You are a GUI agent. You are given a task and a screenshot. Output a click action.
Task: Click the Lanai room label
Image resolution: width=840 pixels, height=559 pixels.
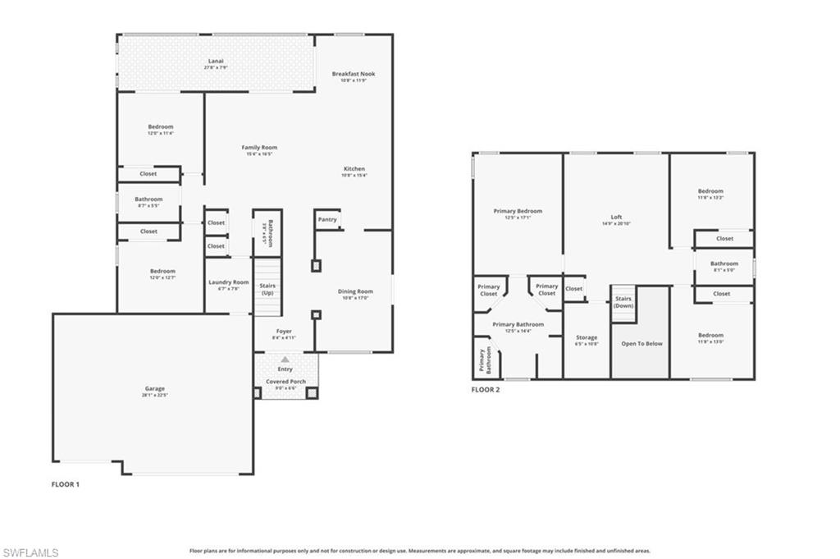click(x=216, y=61)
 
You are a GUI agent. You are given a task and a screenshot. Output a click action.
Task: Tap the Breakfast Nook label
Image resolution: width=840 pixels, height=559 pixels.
click(x=353, y=74)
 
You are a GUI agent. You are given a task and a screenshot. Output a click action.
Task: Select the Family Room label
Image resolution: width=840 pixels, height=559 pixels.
click(x=258, y=148)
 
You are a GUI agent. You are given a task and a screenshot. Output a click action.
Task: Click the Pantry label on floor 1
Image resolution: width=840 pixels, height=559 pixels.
click(x=326, y=220)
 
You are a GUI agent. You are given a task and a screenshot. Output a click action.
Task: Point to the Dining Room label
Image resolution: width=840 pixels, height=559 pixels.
click(x=355, y=291)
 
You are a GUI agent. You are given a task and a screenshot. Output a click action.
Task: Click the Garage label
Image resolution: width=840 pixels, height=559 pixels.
click(x=155, y=388)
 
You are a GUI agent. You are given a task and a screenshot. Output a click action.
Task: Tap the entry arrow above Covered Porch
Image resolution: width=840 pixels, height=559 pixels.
click(x=285, y=359)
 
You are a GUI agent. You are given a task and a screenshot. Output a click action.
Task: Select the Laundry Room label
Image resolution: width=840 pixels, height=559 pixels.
click(x=228, y=282)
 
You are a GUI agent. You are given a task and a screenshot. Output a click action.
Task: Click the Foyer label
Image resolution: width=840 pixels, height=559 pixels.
click(x=283, y=332)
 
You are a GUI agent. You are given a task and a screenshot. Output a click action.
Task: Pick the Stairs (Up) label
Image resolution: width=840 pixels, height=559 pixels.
click(x=267, y=288)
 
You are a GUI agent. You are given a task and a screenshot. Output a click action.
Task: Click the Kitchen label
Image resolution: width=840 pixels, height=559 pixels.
click(x=354, y=169)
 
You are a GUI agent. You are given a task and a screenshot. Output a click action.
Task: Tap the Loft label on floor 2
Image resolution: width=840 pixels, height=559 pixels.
click(x=616, y=218)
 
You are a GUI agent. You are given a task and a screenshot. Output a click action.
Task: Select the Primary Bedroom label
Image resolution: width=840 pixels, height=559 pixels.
click(x=518, y=211)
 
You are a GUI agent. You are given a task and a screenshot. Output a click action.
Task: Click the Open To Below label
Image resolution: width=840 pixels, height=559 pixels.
click(x=641, y=343)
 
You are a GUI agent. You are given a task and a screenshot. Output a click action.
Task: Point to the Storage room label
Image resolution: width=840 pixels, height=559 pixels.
click(x=587, y=337)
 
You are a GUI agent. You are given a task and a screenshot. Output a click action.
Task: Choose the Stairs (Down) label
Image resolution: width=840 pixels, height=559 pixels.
click(x=623, y=302)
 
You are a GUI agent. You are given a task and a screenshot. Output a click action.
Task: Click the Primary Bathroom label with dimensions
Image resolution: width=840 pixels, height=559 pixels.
click(x=518, y=325)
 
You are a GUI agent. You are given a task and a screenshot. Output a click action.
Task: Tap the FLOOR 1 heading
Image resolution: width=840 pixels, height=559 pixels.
click(x=66, y=484)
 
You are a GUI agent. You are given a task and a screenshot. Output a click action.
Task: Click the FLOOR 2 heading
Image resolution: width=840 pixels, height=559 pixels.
click(x=486, y=390)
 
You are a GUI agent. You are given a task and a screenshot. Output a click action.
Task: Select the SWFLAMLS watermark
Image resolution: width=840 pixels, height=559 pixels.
click(x=30, y=552)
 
